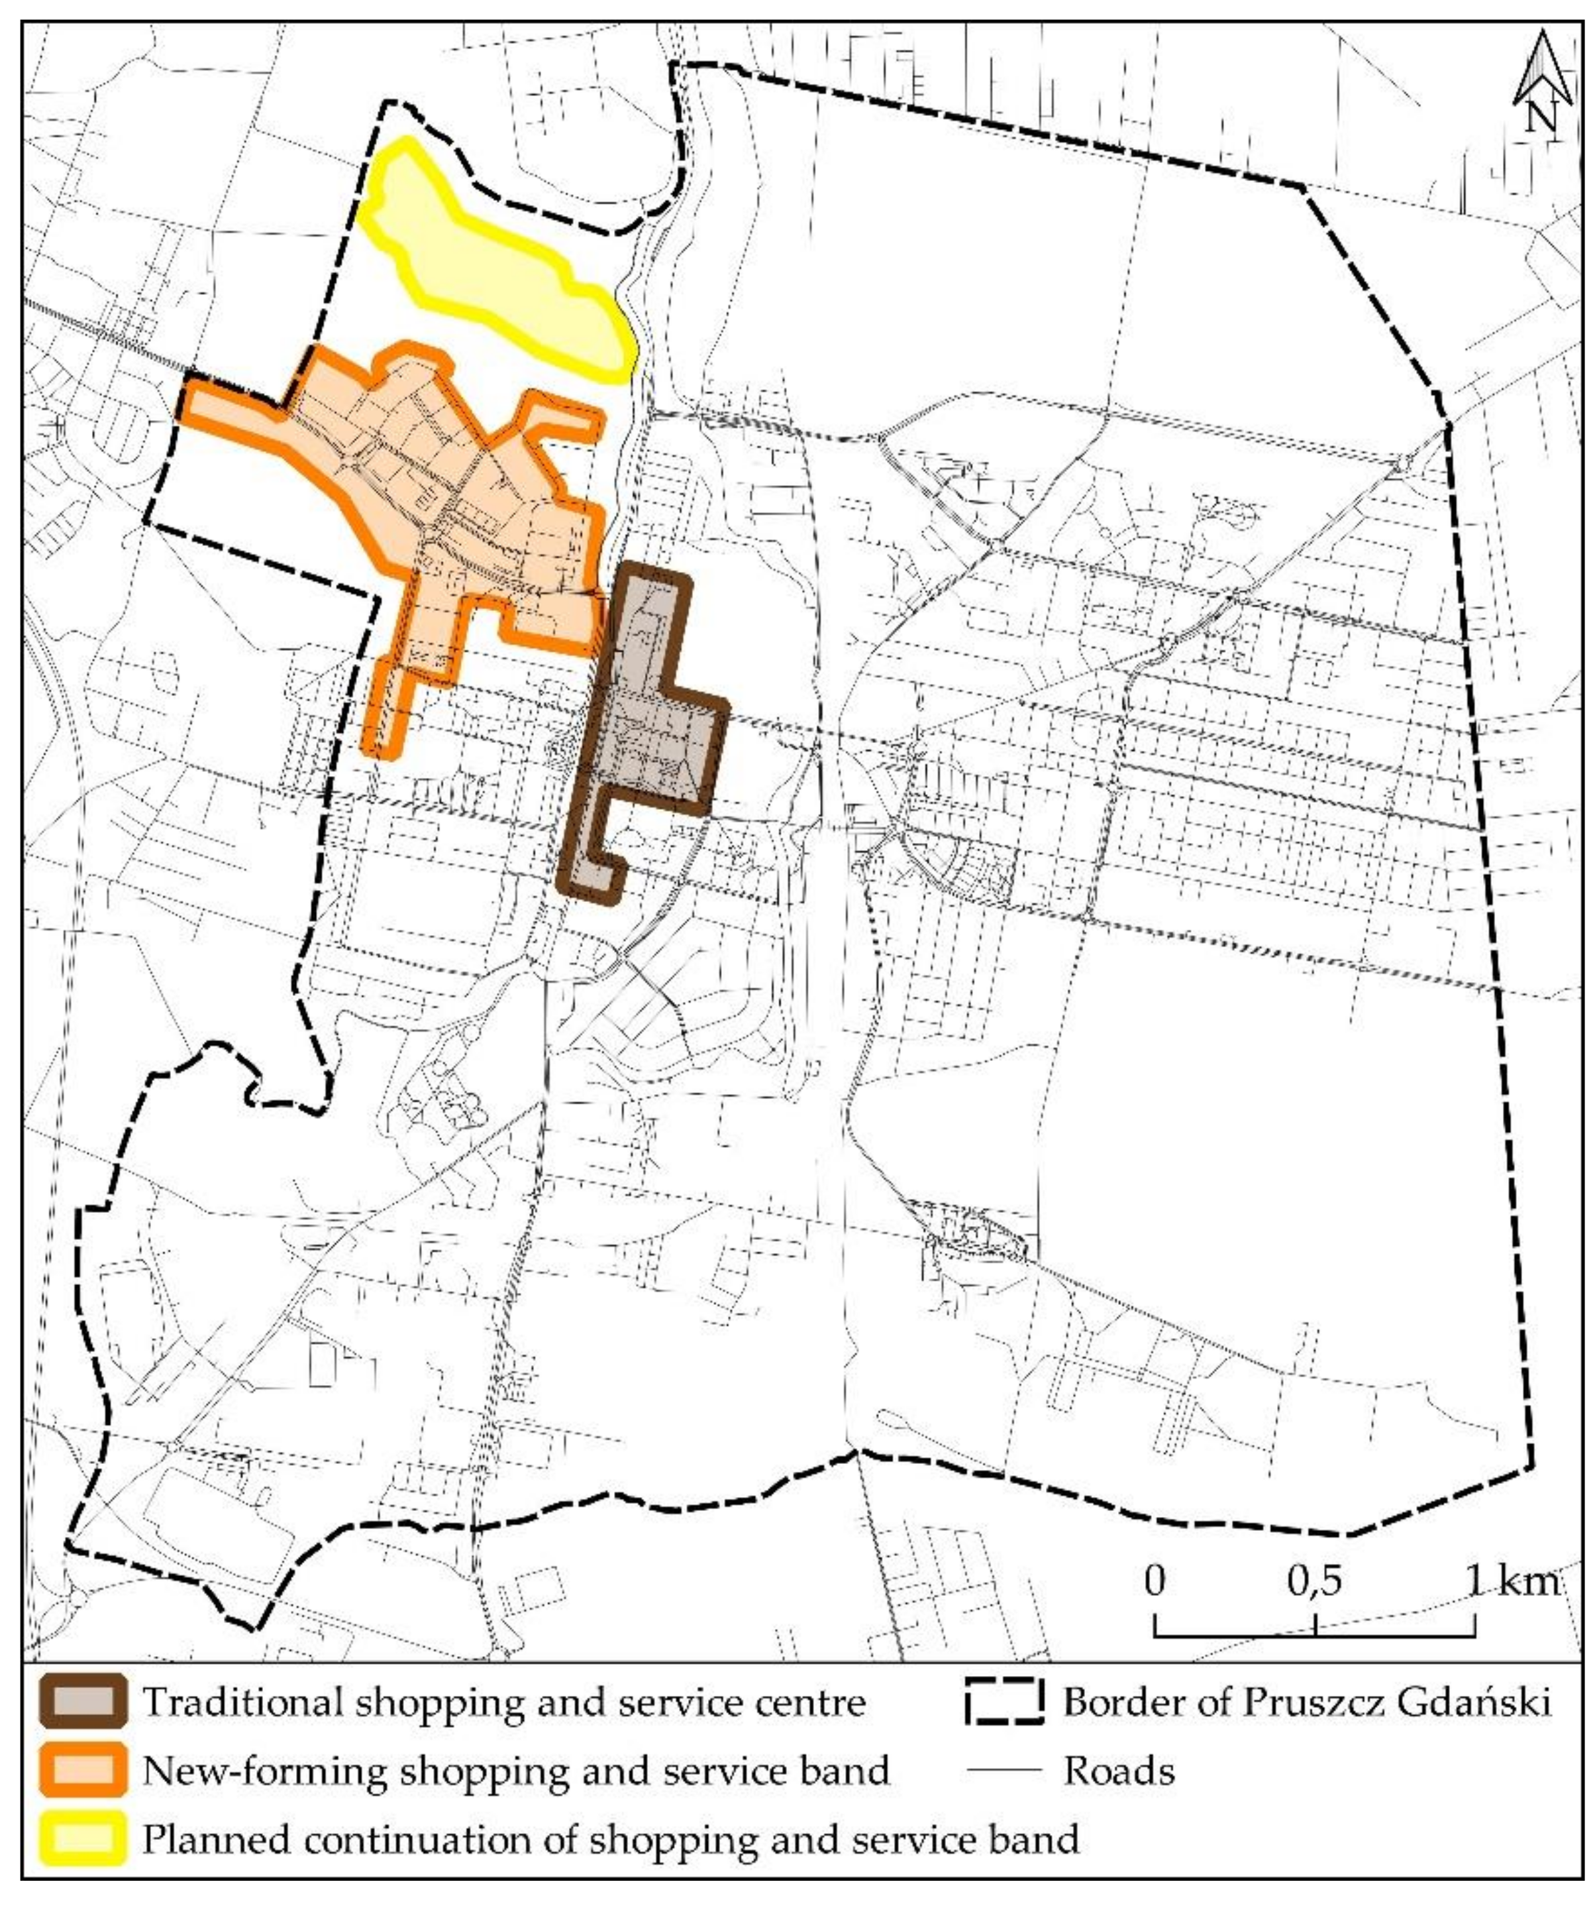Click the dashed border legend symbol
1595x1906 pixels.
(x=1003, y=1702)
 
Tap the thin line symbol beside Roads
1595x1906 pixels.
(x=1003, y=1771)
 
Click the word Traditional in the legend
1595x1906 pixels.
(x=241, y=1702)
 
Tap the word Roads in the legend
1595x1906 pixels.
(x=1119, y=1771)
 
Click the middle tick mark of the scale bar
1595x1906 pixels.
(x=1315, y=1624)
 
